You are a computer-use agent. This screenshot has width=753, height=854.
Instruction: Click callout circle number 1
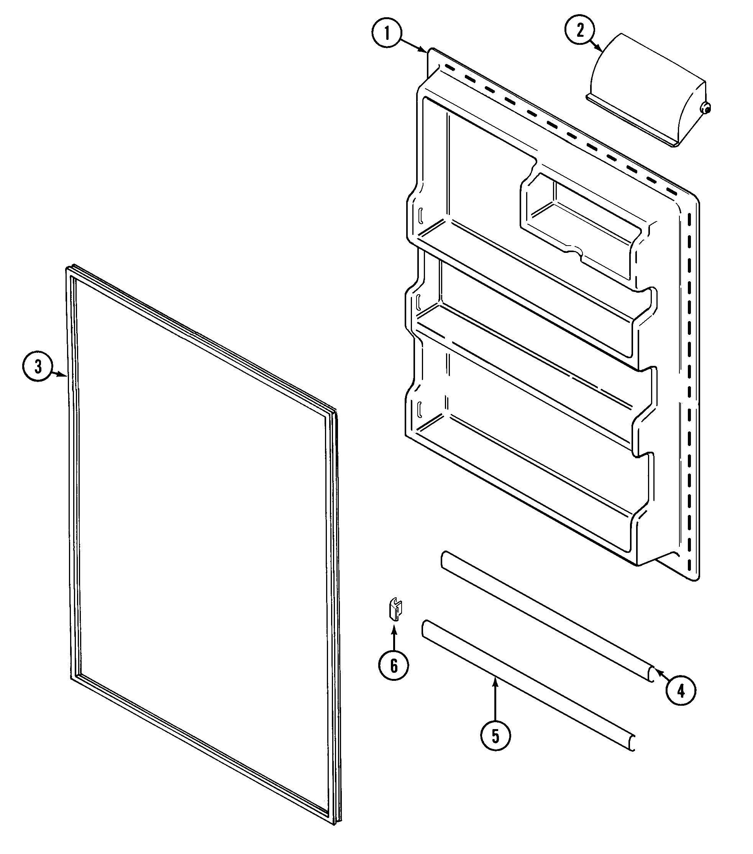[387, 34]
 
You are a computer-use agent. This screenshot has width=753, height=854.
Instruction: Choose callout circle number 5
[495, 748]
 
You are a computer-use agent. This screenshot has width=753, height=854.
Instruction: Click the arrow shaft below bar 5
[495, 706]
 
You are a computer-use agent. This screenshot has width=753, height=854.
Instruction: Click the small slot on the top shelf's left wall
[420, 216]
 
